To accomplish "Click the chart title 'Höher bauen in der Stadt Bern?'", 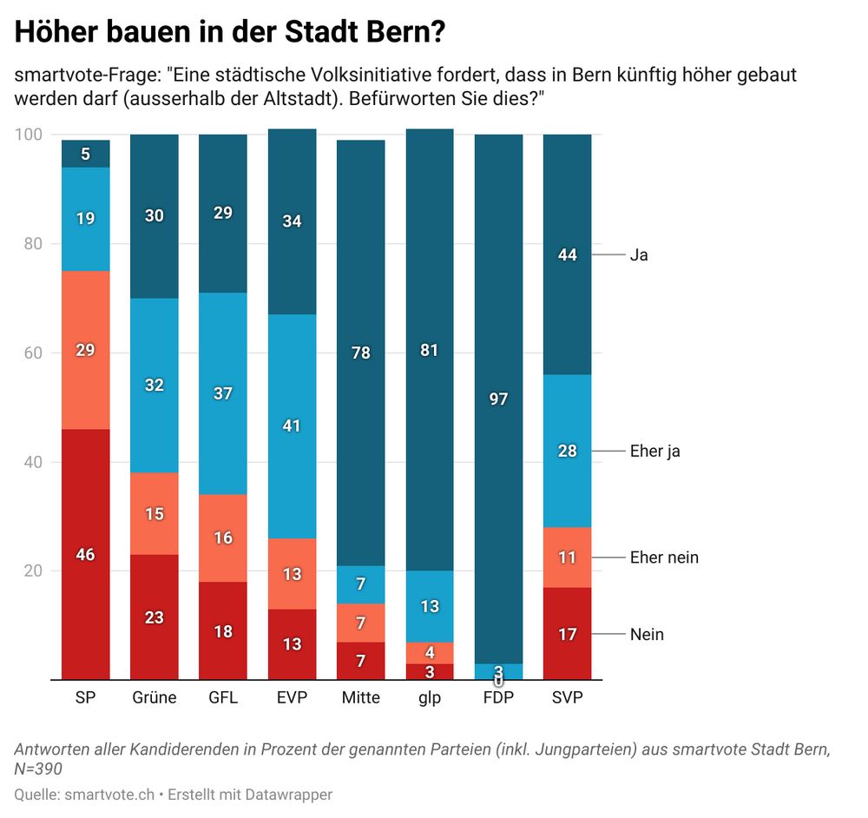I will tap(231, 32).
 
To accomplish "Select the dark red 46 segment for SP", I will tap(85, 554).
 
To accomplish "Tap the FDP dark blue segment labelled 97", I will tap(499, 399).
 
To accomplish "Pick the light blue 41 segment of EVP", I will tap(293, 426).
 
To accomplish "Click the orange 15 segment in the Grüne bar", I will tap(155, 513).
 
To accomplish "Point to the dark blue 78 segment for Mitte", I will tap(361, 353).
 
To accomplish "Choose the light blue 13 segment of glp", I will tap(430, 606).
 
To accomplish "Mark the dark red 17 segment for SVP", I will tap(568, 634).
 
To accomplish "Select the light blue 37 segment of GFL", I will tap(223, 393).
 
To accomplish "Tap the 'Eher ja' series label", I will tap(654, 452).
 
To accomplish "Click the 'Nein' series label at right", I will tap(647, 635).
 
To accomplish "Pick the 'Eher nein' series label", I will tap(664, 557).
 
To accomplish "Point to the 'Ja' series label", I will tap(639, 255).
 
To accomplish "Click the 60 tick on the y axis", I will tap(33, 353).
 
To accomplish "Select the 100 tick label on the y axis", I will tap(29, 135).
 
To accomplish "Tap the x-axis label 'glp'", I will tap(430, 697).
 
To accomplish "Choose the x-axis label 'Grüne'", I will tap(155, 697).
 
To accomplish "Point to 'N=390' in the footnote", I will tap(38, 769).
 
